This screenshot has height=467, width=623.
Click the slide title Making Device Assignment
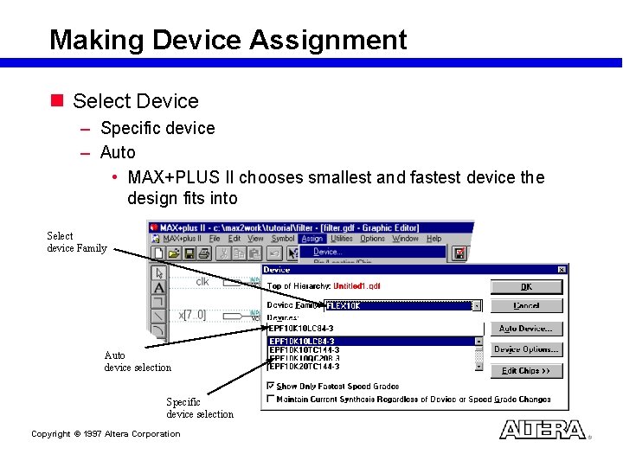[228, 40]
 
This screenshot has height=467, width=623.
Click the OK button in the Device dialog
[526, 286]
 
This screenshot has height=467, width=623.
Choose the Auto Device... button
[526, 329]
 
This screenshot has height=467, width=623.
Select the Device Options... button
[526, 349]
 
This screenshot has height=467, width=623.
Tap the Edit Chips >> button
[526, 370]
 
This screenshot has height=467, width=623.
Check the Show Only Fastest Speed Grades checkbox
[271, 386]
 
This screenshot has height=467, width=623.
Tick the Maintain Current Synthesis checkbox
[271, 400]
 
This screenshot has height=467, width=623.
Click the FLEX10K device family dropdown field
[398, 305]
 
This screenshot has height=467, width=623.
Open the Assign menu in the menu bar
[311, 239]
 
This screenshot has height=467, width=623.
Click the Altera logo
[543, 430]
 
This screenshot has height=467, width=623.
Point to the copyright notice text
[106, 434]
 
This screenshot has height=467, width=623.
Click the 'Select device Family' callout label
[76, 242]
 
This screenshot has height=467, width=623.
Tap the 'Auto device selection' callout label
[137, 361]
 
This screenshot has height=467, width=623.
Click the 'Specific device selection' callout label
[199, 408]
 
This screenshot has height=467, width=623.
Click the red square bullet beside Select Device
[57, 101]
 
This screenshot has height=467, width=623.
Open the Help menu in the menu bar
[434, 239]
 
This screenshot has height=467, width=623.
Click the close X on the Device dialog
[561, 270]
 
